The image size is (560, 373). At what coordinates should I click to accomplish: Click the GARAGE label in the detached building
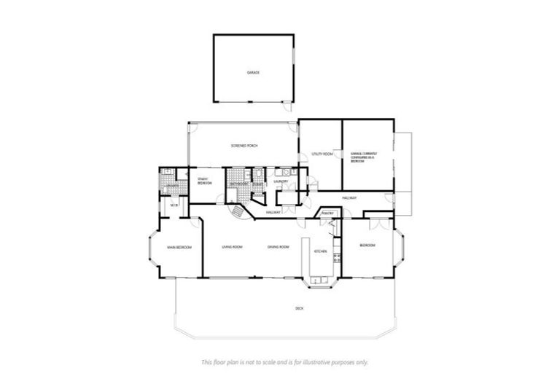click(x=252, y=73)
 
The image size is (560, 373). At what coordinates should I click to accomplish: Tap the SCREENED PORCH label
click(x=244, y=146)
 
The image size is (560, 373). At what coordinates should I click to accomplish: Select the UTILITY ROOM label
click(x=322, y=154)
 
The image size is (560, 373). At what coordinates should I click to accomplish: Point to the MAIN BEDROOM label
click(x=179, y=248)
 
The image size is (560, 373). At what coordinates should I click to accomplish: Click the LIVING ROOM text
click(x=232, y=248)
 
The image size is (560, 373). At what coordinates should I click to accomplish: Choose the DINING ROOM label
click(x=279, y=248)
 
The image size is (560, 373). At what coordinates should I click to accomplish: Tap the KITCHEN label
click(x=320, y=251)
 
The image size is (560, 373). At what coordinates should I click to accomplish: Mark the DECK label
click(x=299, y=309)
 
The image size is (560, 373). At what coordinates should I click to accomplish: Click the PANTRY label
click(x=327, y=213)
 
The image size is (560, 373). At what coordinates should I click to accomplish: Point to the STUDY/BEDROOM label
click(x=204, y=181)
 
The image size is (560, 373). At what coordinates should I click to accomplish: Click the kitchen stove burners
click(x=336, y=257)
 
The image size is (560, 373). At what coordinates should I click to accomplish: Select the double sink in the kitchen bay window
click(x=321, y=280)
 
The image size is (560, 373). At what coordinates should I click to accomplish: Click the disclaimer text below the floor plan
click(x=284, y=362)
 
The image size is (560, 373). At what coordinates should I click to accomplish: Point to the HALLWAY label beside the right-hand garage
click(x=347, y=198)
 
